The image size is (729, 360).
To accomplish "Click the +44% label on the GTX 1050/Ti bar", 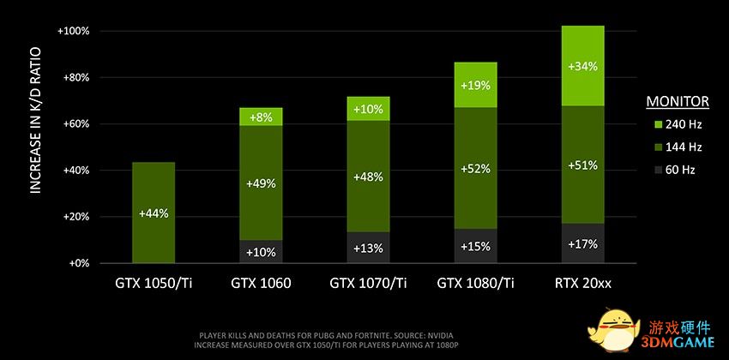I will (153, 213).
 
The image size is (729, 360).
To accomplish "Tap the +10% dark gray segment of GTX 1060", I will (260, 252).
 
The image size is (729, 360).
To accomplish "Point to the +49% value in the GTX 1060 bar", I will (260, 183).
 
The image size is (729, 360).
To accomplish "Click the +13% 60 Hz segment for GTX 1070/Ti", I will (367, 249).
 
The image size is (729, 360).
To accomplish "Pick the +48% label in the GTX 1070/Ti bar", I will (367, 177).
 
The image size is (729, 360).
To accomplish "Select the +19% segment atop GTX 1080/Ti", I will (474, 86).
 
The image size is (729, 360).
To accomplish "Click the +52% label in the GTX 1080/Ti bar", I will (474, 169).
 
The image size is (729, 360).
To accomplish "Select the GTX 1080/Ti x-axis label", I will (474, 281).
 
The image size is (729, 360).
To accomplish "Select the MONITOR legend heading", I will (678, 102).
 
